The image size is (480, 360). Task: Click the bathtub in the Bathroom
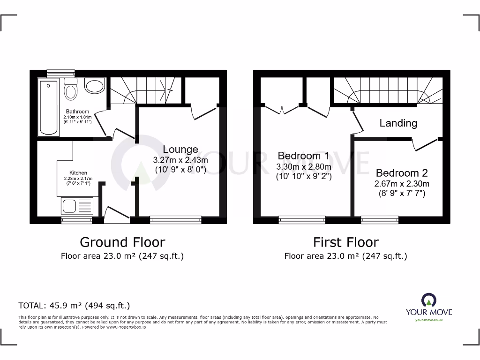[x=49, y=107]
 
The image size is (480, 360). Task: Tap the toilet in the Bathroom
[x=70, y=88]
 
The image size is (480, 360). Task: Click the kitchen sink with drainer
[x=77, y=206]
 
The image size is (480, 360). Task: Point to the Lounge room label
[x=180, y=150]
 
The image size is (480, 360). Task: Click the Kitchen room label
[x=78, y=172]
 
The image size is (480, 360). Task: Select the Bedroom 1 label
[x=303, y=156]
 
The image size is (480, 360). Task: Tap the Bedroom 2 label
[x=401, y=173]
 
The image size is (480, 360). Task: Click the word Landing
[x=398, y=123]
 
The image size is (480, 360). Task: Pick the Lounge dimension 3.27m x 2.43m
[x=180, y=160]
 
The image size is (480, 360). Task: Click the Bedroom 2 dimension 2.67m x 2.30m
[x=401, y=184]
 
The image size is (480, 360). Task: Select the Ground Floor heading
[x=122, y=242]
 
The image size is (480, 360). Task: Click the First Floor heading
[x=346, y=242]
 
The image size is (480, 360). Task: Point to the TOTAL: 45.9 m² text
[x=74, y=306]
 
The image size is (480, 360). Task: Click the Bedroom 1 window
[x=302, y=219]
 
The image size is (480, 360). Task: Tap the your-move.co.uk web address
[x=429, y=320]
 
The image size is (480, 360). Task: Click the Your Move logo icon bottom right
[x=429, y=300]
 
